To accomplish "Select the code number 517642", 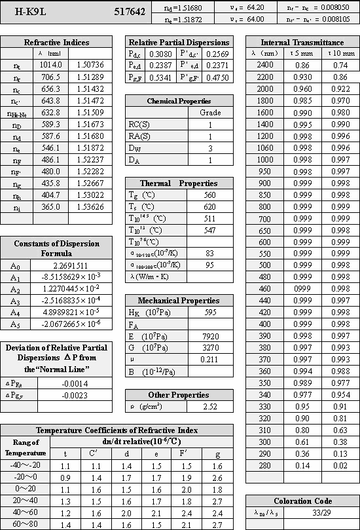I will [x=130, y=12].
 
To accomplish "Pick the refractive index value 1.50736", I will [x=90, y=65].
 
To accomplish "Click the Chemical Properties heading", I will [x=179, y=102].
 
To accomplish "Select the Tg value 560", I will [x=209, y=195].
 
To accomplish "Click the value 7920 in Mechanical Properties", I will [x=209, y=336].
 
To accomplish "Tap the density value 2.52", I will [x=209, y=407].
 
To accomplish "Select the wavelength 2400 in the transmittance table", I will [x=265, y=65].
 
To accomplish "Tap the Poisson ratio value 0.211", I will [x=209, y=360].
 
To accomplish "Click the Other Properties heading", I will [x=179, y=395].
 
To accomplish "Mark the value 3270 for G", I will [x=209, y=348].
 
